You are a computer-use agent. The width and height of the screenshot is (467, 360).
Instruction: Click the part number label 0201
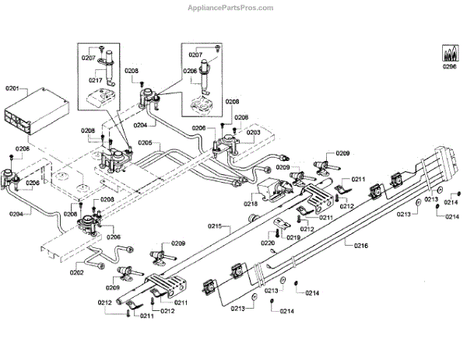(13, 89)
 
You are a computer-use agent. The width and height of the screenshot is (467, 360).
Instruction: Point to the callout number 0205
(147, 143)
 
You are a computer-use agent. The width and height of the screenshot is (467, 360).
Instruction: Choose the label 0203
(254, 132)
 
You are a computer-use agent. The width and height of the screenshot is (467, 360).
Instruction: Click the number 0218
(251, 204)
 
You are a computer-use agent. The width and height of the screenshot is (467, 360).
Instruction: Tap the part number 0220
(268, 243)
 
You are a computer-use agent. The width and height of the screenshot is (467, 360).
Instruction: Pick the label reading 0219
(293, 237)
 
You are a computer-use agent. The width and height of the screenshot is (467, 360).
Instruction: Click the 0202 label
(77, 272)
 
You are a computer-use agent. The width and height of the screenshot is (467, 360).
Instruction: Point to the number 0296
(449, 67)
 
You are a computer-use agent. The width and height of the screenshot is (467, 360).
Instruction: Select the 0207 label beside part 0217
(87, 58)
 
